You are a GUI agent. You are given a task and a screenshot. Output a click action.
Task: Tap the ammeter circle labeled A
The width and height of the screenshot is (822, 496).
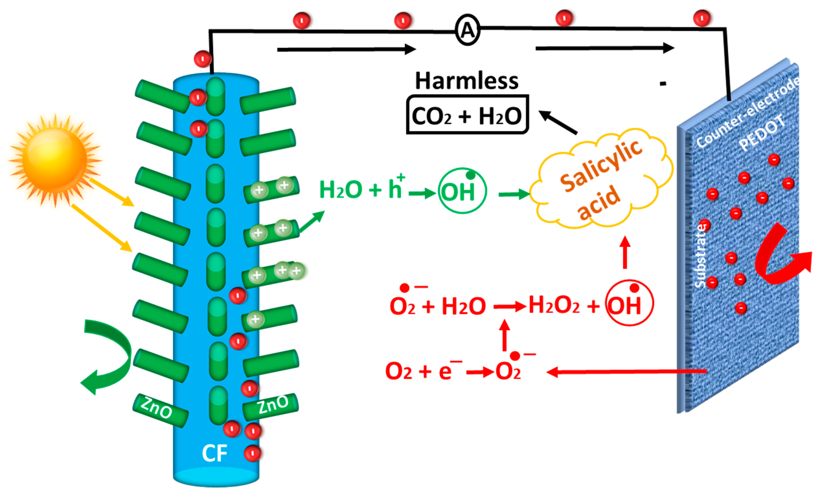click(x=467, y=30)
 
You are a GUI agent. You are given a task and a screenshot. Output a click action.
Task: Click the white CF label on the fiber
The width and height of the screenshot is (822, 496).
click(x=215, y=453)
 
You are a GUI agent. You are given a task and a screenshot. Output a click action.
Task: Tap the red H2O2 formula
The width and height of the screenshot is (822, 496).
click(x=554, y=305)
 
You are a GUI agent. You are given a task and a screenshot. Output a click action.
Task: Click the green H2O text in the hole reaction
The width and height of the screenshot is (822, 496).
click(x=340, y=190)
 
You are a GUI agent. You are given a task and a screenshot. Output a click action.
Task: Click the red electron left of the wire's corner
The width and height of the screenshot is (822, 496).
click(x=203, y=59)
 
